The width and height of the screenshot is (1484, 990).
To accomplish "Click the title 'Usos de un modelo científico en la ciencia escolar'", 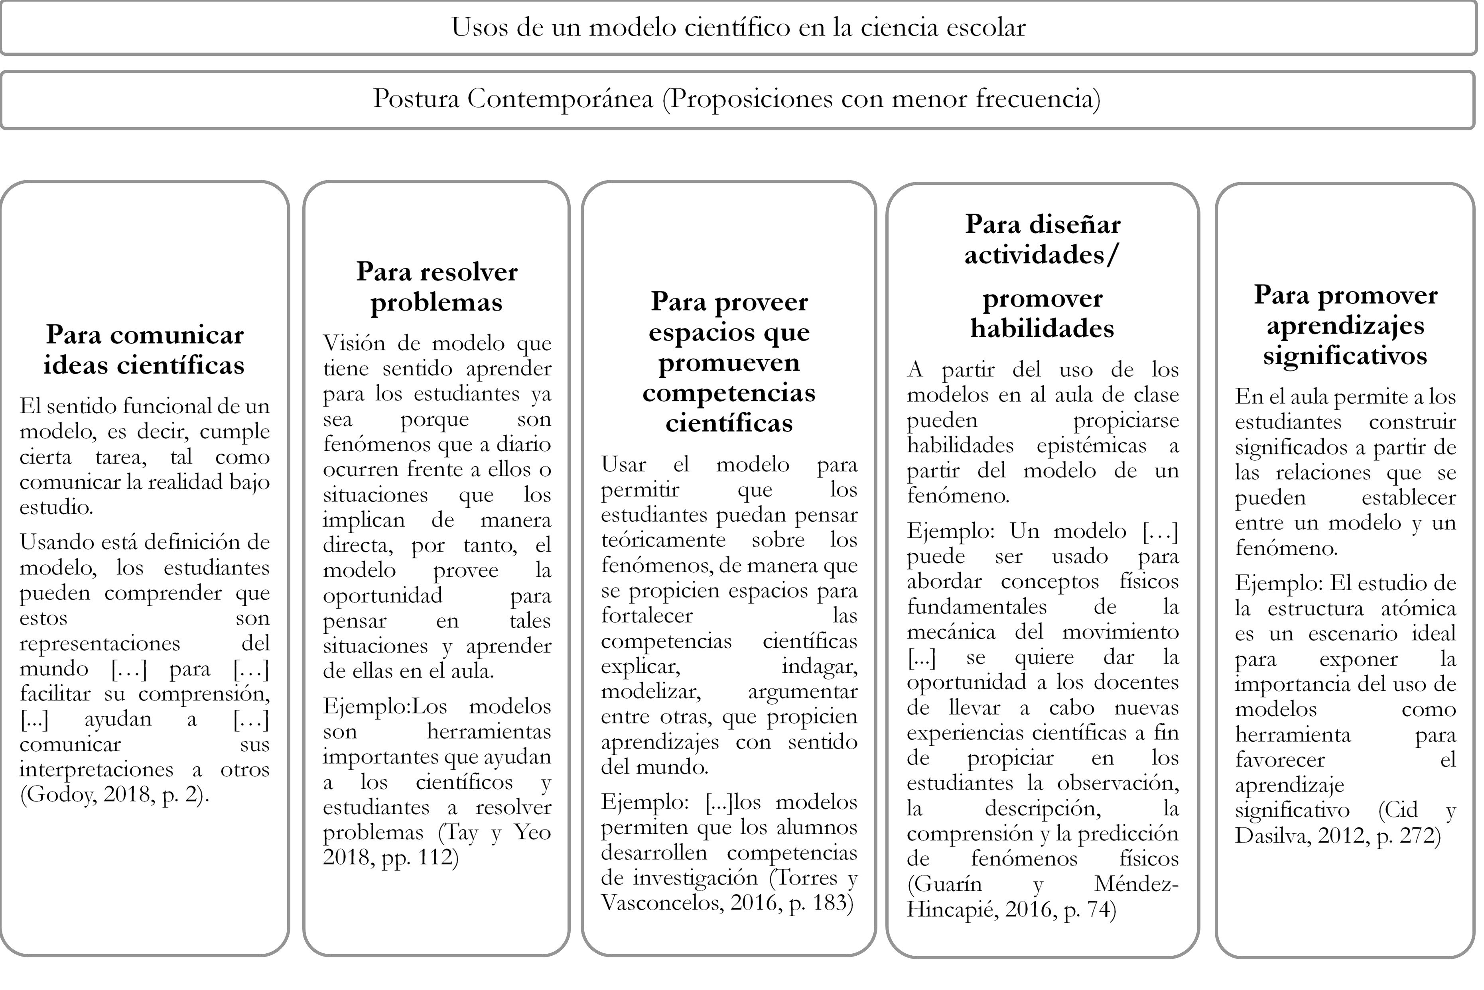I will pos(738,28).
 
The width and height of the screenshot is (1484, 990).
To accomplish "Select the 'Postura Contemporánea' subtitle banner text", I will pos(736,99).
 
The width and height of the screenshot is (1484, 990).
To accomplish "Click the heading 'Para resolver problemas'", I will pos(437,287).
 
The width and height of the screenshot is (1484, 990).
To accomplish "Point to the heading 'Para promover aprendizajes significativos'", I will pos(1345,325).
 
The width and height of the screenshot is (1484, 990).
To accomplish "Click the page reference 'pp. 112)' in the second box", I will pos(420,857).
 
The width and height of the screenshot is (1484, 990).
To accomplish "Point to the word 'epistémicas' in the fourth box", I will pos(1091,446).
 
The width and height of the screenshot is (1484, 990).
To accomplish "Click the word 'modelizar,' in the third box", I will pos(651,691).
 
